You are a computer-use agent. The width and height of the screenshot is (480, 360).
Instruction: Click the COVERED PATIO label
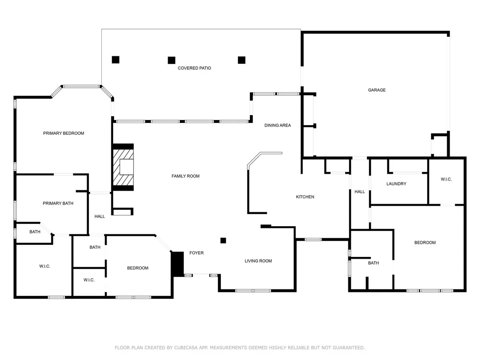[x=195, y=68]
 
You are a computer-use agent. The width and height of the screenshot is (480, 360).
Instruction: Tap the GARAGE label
[x=377, y=90]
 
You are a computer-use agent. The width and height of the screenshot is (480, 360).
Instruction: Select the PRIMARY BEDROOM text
[x=64, y=133]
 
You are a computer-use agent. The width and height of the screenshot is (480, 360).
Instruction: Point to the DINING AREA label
[x=278, y=125]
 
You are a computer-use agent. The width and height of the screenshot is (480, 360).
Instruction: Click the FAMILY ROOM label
[x=185, y=176]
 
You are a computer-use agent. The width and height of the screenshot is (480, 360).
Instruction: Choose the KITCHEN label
[x=305, y=197]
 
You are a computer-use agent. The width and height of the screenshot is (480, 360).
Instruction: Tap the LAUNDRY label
[x=396, y=184]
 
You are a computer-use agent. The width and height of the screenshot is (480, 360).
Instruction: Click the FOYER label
[x=197, y=253]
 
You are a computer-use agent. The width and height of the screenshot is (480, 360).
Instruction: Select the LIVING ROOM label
[x=258, y=261]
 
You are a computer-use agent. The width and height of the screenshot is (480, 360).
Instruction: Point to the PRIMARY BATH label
[x=58, y=203]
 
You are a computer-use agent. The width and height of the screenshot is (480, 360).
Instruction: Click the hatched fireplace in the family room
[x=123, y=167]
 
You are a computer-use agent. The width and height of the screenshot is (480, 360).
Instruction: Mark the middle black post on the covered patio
[x=172, y=60]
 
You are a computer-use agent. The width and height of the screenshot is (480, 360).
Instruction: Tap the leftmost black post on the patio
[x=115, y=60]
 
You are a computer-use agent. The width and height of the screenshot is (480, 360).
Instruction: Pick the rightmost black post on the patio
[x=242, y=60]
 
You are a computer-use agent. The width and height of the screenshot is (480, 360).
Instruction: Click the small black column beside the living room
[x=223, y=240]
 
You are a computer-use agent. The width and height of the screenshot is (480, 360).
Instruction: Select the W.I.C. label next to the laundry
[x=446, y=179]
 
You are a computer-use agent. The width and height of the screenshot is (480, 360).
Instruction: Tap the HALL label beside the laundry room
[x=360, y=191]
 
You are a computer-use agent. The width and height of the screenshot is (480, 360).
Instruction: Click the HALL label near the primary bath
[x=100, y=217]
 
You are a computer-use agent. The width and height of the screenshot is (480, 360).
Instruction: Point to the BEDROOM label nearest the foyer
[x=138, y=268]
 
